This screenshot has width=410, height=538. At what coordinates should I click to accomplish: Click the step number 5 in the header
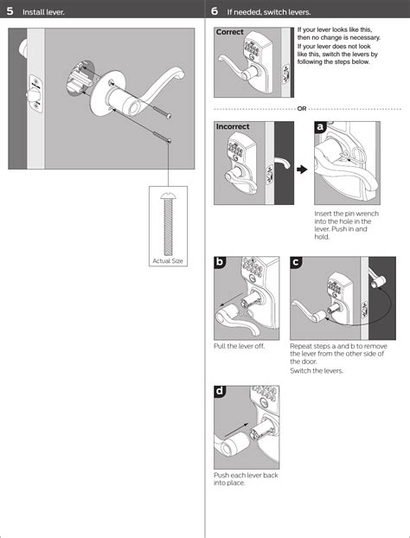coord(10,11)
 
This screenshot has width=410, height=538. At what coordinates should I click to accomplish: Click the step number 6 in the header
coord(215,11)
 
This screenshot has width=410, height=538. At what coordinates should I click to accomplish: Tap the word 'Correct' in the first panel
coord(229,32)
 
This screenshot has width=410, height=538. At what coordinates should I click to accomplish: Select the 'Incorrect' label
coord(233,126)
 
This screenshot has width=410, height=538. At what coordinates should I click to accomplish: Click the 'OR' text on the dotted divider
coord(302,109)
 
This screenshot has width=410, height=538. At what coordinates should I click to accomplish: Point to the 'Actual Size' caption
coord(168,260)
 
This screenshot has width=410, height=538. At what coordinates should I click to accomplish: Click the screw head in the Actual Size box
coord(168,196)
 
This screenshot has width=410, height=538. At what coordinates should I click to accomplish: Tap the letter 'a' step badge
coord(320,127)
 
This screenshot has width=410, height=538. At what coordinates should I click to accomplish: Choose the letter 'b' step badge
coord(220,262)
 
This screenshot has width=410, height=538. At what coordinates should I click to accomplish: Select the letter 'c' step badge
coord(296,262)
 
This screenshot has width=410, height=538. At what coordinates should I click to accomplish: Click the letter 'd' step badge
coord(220,391)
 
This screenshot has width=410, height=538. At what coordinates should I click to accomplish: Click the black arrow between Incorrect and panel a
coord(302,170)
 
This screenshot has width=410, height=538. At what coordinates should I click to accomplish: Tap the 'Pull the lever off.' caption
coord(239,346)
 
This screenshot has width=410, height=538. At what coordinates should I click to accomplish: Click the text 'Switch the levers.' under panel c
coord(317,370)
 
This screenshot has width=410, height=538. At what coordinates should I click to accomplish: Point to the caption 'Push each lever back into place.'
coord(246,479)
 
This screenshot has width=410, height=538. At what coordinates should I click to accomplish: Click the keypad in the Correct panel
coord(252,49)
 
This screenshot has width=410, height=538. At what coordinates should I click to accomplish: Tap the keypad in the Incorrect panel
coord(236,150)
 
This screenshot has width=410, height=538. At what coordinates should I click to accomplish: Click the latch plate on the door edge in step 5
coord(35,93)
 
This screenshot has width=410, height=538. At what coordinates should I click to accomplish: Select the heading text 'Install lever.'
coord(43,12)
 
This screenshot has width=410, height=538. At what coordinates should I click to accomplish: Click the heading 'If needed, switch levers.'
coord(269,12)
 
